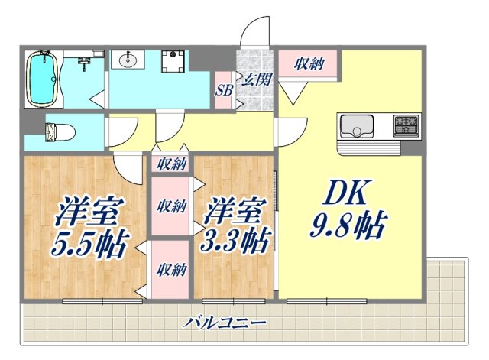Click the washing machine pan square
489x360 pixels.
pos(175,61)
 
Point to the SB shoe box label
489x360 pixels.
pos(224,89)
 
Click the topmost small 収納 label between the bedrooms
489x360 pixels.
pos(173,163)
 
